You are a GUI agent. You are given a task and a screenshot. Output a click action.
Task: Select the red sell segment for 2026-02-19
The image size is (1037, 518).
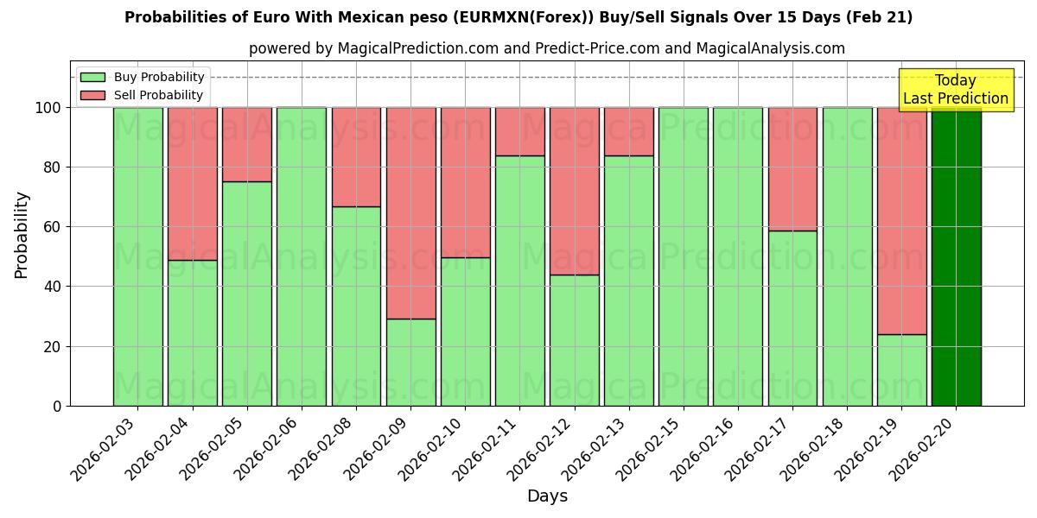pos(901,220)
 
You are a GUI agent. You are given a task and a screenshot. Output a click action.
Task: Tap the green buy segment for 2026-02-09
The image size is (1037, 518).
pos(410,362)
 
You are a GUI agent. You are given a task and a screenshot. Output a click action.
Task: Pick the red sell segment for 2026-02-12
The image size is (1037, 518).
pos(574,191)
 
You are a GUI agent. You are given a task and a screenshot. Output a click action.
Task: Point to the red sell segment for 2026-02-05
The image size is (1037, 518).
pos(246,144)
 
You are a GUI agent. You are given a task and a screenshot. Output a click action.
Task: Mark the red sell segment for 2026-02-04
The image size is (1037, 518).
pos(192,183)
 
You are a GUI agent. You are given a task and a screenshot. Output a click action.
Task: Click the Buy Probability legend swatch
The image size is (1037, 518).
pos(92,78)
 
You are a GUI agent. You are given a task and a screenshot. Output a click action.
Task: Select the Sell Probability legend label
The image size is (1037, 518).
pos(158,96)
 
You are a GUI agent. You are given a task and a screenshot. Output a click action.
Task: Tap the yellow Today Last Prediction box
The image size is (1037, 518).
pos(956,90)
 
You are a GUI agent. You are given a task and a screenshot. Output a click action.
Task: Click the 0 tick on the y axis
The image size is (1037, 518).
pos(57,407)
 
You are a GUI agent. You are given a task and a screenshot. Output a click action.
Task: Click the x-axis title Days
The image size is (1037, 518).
pos(547,496)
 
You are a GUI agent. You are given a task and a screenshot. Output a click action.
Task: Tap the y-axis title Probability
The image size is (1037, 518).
pos(22,234)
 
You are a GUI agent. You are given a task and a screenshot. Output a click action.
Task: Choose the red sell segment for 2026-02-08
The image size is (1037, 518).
pos(356,156)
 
